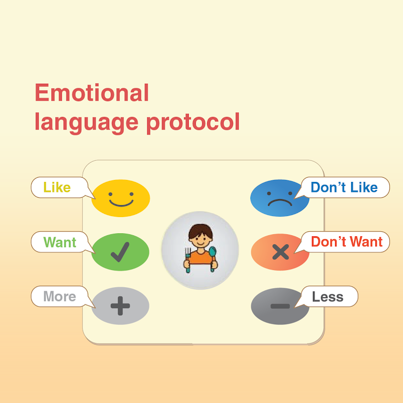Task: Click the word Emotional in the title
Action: (92, 93)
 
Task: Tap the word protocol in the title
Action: (193, 123)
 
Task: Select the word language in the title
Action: (87, 123)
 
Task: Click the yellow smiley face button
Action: (120, 198)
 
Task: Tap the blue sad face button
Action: (280, 198)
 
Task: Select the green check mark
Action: (120, 252)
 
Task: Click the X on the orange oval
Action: (281, 252)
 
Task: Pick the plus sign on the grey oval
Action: (120, 306)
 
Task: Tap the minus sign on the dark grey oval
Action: (280, 306)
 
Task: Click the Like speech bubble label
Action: (57, 187)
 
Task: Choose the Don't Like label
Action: (344, 187)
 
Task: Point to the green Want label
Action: (60, 242)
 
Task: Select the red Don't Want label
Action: (347, 242)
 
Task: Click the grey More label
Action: (59, 296)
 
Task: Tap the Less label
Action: (328, 297)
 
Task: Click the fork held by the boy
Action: (188, 259)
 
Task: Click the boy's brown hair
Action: (200, 230)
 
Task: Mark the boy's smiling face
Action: (200, 240)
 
